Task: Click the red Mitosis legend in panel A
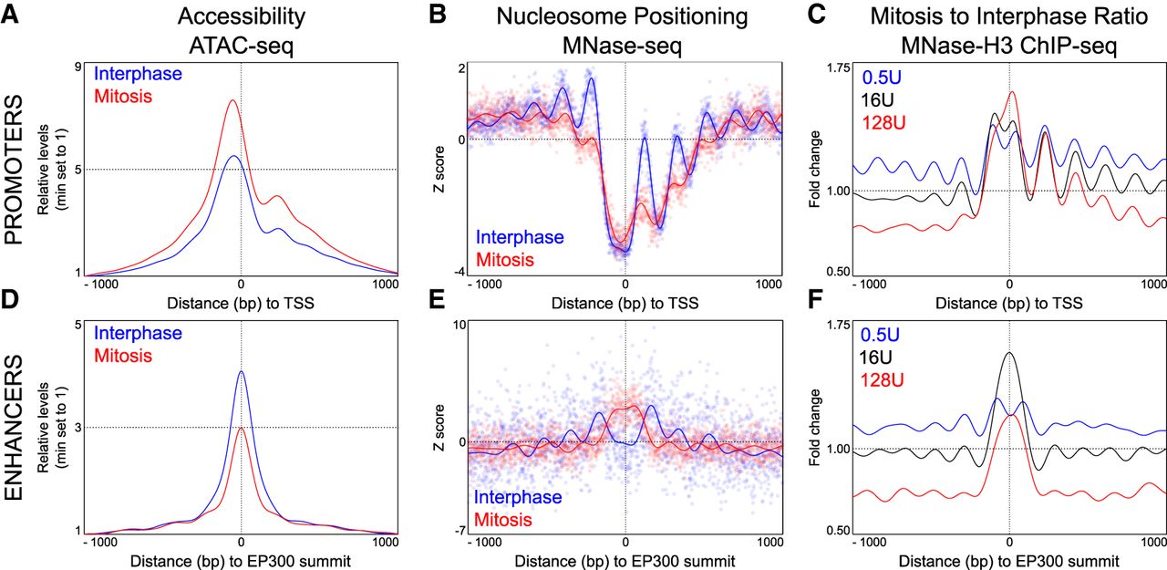[124, 95]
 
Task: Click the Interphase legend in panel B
[520, 238]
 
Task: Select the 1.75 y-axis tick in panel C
[833, 66]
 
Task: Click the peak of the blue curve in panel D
[241, 371]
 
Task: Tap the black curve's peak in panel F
[1008, 352]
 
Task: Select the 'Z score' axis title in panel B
[438, 168]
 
